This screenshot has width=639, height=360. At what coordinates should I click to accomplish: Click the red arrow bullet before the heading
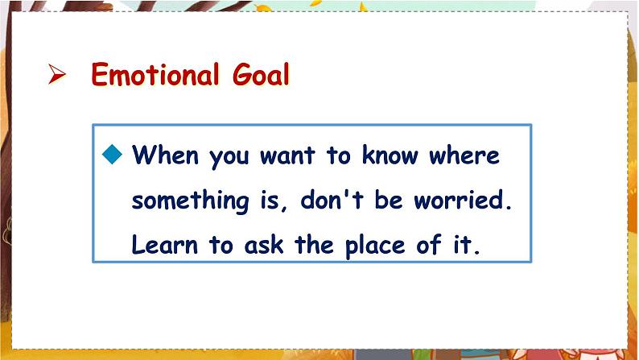coord(56,74)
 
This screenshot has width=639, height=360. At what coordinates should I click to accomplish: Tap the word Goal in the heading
coord(261,74)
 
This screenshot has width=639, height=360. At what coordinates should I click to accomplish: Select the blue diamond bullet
coord(113,154)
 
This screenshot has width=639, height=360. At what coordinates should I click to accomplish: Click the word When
coord(166,155)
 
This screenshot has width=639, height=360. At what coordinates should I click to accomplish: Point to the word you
coord(229,156)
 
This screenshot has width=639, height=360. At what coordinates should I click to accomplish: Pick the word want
coord(288,155)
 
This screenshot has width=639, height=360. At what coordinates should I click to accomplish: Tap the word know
coord(390,155)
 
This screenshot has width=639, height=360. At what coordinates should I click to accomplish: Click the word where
coord(464,155)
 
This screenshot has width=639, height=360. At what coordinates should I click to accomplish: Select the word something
coord(190,201)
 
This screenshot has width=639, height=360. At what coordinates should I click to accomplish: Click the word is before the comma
coord(270,200)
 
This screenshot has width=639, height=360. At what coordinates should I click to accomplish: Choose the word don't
coord(332,200)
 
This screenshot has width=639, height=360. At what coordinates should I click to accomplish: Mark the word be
coord(389,200)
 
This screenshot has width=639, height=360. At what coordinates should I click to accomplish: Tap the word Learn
coord(165,245)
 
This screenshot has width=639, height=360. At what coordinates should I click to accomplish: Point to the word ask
coord(264,245)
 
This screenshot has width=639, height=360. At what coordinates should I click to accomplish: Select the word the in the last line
coord(314,245)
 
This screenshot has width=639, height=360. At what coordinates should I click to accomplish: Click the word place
coord(375,246)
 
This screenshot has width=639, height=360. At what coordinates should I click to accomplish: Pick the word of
coord(429,245)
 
